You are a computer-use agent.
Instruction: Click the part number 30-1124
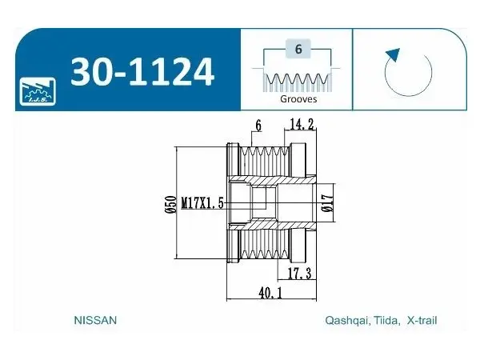coord(142,72)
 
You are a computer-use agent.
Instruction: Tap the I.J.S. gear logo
coord(38,91)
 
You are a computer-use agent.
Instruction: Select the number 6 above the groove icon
coord(298,49)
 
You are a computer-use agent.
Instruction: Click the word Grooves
coord(298,99)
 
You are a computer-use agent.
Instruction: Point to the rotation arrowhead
coord(394,54)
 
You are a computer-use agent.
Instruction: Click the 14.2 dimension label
coord(302,124)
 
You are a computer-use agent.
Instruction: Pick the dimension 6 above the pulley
coord(258,126)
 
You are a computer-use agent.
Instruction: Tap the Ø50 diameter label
coord(170,204)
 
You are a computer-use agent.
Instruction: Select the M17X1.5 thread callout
coord(202,203)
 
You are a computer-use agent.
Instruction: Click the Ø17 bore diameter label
coord(327,202)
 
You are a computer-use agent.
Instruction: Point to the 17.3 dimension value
coord(300,273)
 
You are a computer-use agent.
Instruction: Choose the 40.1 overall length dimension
coord(270,293)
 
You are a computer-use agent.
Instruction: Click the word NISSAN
coord(95,320)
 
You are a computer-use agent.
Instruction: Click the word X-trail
coord(422,320)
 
